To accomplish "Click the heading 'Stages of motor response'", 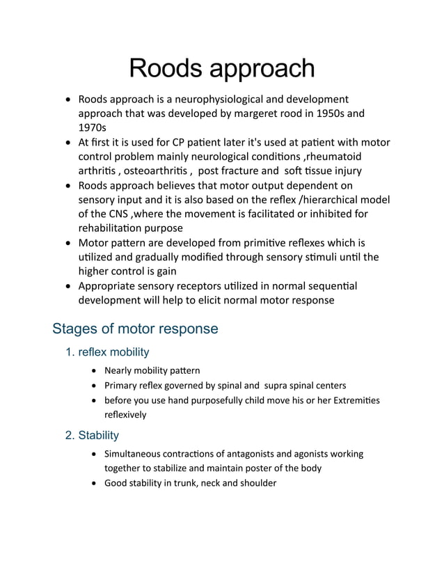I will click(135, 328).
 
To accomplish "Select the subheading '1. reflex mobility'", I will click(106, 352).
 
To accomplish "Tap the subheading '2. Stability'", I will click(91, 435).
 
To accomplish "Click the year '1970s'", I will click(93, 128).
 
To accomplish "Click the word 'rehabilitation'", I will click(116, 229).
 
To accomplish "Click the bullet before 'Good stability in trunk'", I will click(95, 483).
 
